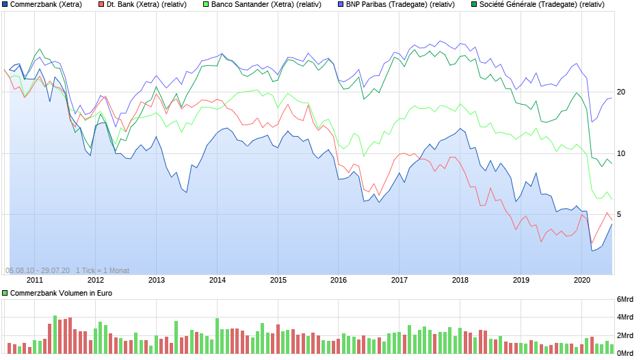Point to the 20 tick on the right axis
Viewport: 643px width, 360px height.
[x=621, y=92]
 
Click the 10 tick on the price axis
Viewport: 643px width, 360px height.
[x=621, y=153]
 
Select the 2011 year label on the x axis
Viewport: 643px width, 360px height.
[x=34, y=280]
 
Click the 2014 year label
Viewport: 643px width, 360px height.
[x=217, y=280]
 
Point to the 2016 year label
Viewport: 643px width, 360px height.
[x=339, y=280]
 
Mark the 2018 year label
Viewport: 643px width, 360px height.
[x=460, y=280]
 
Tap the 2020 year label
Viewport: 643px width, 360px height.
[x=582, y=280]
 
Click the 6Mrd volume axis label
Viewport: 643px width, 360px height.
[x=625, y=300]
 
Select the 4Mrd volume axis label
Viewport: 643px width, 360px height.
[x=625, y=318]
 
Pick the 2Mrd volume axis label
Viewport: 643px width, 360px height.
[x=625, y=335]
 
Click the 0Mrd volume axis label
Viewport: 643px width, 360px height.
[x=625, y=353]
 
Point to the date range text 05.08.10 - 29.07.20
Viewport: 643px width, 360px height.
[x=38, y=270]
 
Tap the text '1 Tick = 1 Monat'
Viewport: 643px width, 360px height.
[x=103, y=270]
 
